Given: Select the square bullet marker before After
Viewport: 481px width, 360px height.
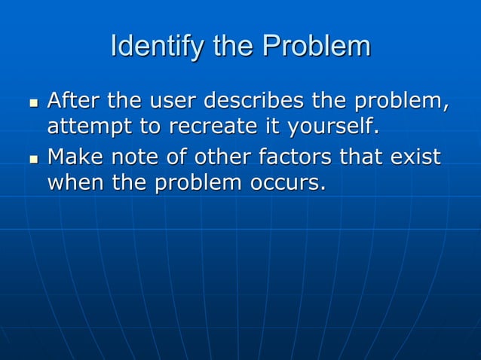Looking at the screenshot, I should (32, 102).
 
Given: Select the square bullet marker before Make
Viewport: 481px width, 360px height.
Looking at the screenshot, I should (32, 160).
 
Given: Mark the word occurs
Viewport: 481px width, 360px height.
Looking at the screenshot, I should (290, 183).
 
